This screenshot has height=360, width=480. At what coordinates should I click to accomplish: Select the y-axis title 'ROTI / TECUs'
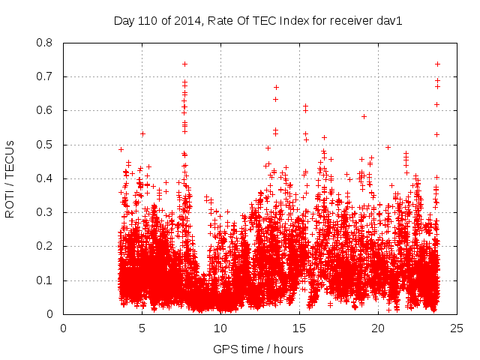point(10,178)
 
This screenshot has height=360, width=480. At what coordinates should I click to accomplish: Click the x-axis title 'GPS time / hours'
point(258,349)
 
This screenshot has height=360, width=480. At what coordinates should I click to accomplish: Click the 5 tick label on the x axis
point(142,328)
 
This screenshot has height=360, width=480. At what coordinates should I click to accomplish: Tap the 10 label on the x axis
point(220,328)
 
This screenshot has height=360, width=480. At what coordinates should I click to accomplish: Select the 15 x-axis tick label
point(299,328)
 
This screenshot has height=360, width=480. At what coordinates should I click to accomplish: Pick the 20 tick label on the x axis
point(378,328)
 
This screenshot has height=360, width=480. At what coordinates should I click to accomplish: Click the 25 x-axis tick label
point(457,328)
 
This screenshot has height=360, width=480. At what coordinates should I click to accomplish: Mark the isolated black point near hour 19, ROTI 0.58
point(364,116)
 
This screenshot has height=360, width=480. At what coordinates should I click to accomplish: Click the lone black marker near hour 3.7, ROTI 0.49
point(121,149)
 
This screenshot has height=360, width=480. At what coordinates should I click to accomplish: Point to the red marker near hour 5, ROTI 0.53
point(142,133)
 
